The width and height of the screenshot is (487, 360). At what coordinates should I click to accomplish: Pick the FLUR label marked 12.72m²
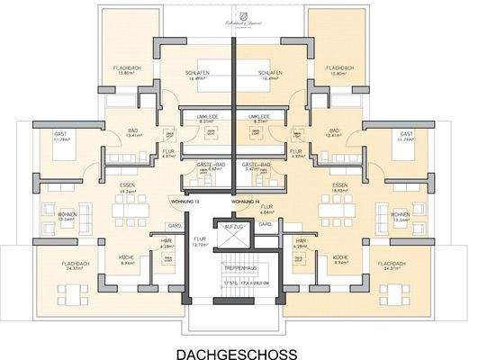click(200, 241)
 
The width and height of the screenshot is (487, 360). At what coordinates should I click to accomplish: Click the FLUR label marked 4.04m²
click(267, 209)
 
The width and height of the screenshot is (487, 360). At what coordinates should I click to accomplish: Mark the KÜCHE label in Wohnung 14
click(341, 260)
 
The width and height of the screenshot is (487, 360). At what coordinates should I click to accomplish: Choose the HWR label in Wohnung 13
click(167, 241)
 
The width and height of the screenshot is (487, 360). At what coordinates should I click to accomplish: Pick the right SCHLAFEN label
click(268, 76)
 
